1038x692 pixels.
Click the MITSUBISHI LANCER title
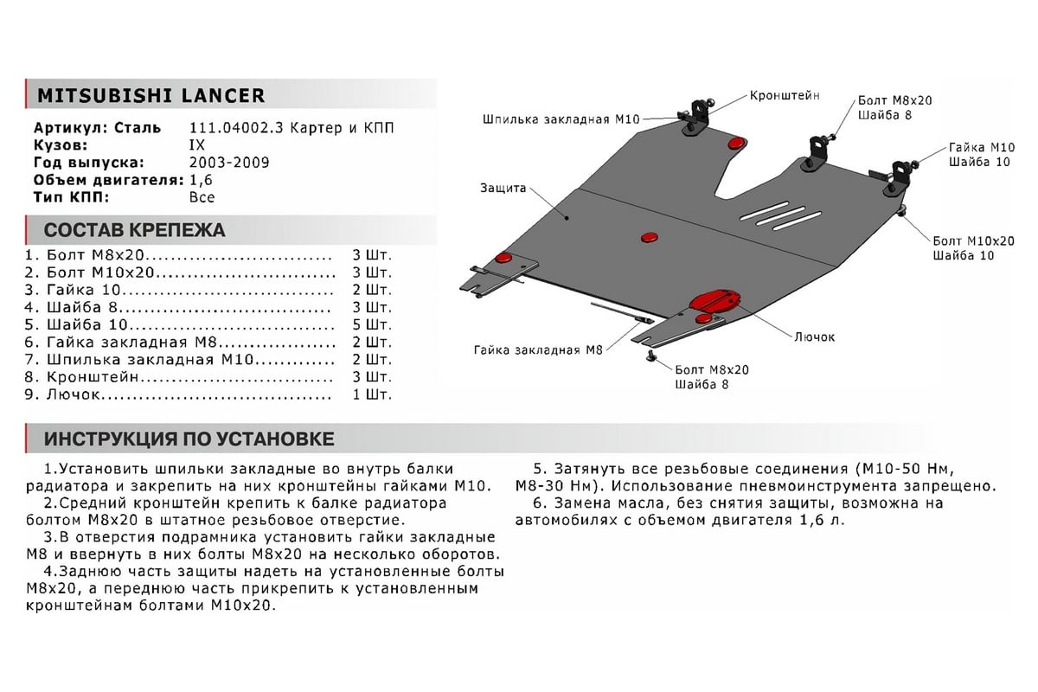pyautogui.click(x=145, y=95)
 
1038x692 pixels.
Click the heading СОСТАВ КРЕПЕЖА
pyautogui.click(x=134, y=230)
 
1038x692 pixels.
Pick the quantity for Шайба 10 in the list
pyautogui.click(x=371, y=325)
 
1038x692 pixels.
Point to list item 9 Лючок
pyautogui.click(x=65, y=394)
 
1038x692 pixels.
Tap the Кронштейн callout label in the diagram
pyautogui.click(x=784, y=95)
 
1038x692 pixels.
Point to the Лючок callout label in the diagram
pyautogui.click(x=814, y=336)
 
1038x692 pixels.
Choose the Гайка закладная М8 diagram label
pyautogui.click(x=537, y=350)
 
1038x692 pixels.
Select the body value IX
pyautogui.click(x=197, y=145)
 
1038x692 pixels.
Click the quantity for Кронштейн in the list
pyautogui.click(x=371, y=377)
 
